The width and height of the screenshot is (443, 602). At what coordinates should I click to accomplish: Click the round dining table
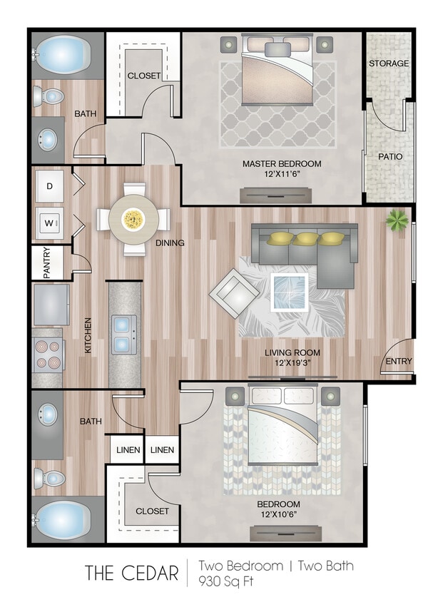133,219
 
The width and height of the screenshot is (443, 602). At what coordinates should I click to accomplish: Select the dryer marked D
49,186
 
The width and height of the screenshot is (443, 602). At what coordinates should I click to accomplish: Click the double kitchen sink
124,335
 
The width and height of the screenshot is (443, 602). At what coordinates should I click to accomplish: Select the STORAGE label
389,63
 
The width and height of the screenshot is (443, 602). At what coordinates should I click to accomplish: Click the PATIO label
389,156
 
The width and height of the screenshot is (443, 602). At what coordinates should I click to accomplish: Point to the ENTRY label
398,361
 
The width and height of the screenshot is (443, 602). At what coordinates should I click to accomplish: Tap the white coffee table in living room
290,292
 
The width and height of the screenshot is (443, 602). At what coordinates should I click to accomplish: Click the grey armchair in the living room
234,292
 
